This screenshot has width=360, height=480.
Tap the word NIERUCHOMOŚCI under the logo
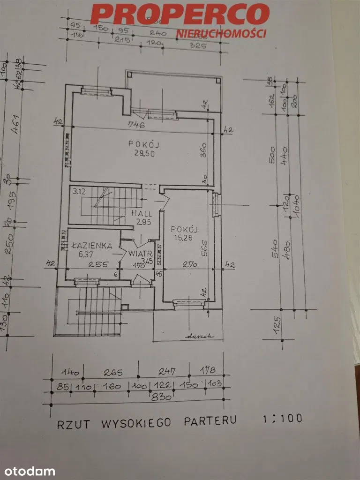(221, 34)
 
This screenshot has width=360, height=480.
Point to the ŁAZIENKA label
(91, 245)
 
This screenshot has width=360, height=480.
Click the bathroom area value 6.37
(86, 255)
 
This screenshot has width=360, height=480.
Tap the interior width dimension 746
(137, 125)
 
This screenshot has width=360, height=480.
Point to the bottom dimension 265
(113, 374)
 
